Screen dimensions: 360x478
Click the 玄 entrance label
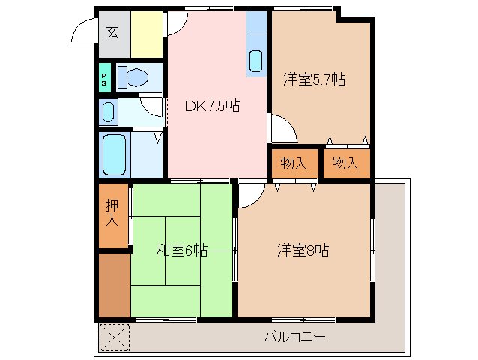click(112, 31)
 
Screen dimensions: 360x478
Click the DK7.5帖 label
click(212, 106)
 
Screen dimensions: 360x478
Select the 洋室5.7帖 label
click(314, 79)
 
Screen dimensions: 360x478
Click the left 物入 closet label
click(294, 163)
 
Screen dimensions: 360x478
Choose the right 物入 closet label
click(345, 163)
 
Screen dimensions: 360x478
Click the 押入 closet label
click(112, 212)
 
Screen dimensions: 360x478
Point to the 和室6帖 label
click(182, 250)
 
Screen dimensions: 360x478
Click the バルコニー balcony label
click(294, 337)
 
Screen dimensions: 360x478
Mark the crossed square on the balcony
click(114, 337)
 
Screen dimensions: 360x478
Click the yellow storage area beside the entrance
click(148, 33)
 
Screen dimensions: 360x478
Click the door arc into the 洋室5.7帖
click(283, 129)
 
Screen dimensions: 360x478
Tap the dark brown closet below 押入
click(114, 285)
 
